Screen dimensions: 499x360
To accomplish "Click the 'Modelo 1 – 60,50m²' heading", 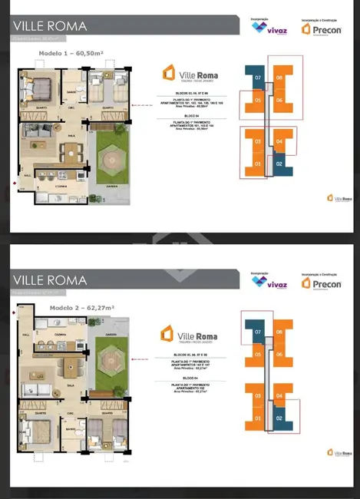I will point(71,54).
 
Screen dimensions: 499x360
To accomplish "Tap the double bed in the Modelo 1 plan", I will point(39,91).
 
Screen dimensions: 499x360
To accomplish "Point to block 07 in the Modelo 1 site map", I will point(259,78).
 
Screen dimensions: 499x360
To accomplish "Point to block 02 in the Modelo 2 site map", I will point(279,418).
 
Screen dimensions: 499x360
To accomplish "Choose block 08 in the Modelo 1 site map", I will point(279,78).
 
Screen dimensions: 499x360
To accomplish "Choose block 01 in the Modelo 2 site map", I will point(259,418).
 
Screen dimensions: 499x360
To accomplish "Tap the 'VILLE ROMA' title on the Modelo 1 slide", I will point(49,26).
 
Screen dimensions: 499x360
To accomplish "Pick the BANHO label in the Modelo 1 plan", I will point(71,94).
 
